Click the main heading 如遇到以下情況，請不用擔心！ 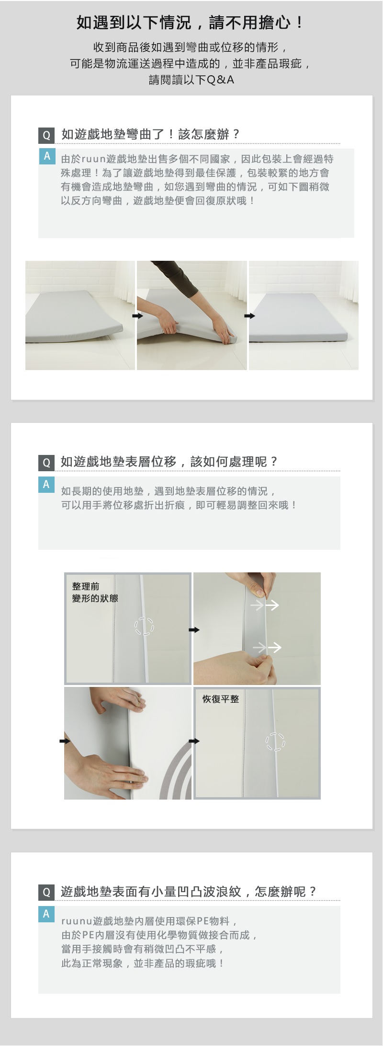[191, 23]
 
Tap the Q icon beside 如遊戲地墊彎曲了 [46, 135]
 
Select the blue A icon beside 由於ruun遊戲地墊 [47, 156]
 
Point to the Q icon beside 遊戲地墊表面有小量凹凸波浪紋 [46, 892]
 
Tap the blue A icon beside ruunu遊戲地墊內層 [46, 914]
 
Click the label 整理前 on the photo [86, 586]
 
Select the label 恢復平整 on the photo [220, 699]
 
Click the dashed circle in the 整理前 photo [144, 626]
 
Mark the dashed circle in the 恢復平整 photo [275, 742]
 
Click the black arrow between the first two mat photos [138, 316]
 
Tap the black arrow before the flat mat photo [249, 316]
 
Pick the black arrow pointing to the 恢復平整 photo [194, 741]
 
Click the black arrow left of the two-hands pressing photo [65, 741]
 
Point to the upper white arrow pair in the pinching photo [265, 605]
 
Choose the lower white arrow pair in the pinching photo [267, 648]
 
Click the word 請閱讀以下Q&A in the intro [191, 80]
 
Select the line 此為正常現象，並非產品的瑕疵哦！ [143, 964]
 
